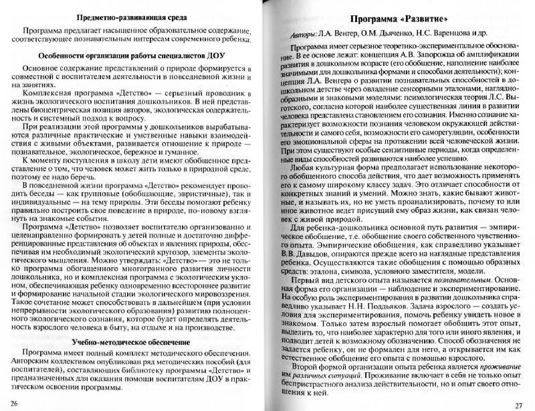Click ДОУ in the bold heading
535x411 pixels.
point(219,56)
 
